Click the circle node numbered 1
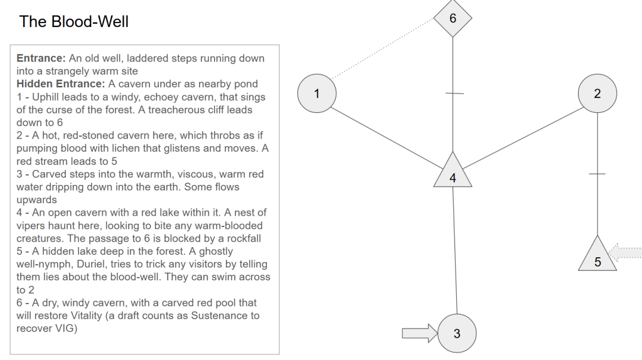click(x=317, y=94)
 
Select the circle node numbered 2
click(x=597, y=94)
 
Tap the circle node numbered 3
click(x=456, y=333)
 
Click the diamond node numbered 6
click(x=453, y=18)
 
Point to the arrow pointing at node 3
click(x=419, y=333)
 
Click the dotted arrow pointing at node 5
click(x=626, y=253)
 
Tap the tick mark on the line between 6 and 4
click(x=454, y=93)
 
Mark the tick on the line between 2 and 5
click(x=597, y=174)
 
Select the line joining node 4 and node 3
click(x=455, y=251)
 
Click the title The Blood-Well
click(x=74, y=22)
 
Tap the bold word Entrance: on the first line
click(x=41, y=58)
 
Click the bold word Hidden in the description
click(x=35, y=84)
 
